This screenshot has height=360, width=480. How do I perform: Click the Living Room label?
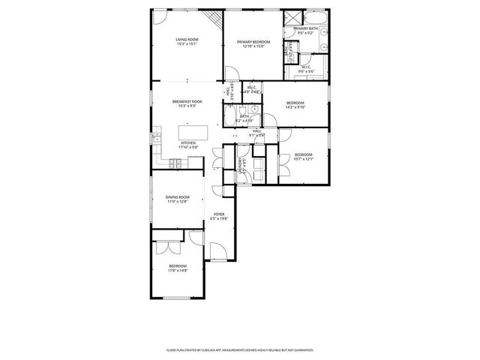(x=187, y=39)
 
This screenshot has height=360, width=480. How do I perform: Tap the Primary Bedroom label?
(x=253, y=42)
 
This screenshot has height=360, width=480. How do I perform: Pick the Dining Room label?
(x=177, y=196)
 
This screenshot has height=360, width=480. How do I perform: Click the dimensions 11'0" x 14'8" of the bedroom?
(x=178, y=270)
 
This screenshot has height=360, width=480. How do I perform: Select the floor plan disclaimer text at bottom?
(x=239, y=349)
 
